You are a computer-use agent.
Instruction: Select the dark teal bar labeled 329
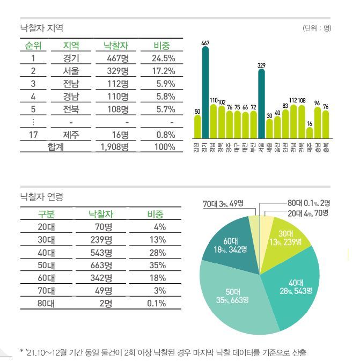261,104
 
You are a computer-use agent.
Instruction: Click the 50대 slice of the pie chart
236,300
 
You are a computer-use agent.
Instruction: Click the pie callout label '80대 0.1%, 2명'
308,203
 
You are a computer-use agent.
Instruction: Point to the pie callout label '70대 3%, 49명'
223,204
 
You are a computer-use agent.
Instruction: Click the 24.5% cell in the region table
164,58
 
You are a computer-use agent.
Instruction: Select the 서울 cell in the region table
71,71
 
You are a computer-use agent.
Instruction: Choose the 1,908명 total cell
114,147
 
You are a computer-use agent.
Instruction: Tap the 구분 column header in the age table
46,214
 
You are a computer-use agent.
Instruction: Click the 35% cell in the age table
158,266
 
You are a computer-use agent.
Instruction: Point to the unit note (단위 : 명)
316,28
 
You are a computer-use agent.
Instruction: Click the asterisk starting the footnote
21,351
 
